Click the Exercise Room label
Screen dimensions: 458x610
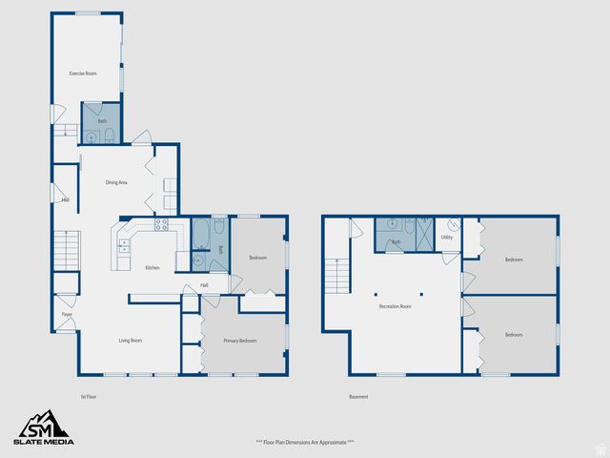click(x=84, y=73)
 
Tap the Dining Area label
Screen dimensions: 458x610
click(x=116, y=182)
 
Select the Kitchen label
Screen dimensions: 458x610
click(x=152, y=268)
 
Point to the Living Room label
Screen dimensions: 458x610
click(x=131, y=341)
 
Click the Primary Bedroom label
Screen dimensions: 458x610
click(x=240, y=341)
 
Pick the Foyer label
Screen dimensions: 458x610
click(x=67, y=314)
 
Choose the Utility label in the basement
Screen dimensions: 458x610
click(x=446, y=238)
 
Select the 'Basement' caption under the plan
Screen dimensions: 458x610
click(x=357, y=397)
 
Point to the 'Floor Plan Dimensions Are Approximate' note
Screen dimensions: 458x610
click(x=305, y=442)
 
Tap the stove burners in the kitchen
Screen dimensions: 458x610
click(x=161, y=226)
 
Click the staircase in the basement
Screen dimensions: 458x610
click(x=334, y=275)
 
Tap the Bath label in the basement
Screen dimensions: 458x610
click(x=396, y=241)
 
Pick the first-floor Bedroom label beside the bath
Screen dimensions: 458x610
click(x=258, y=258)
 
